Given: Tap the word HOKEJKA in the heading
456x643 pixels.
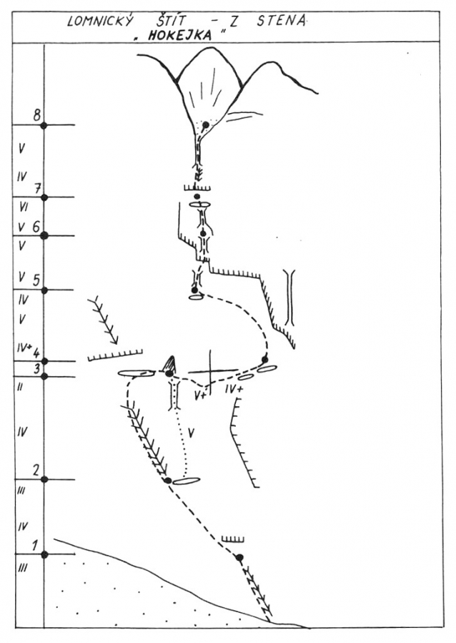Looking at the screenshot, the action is point(179,35).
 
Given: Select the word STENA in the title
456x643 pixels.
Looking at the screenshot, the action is point(281,21).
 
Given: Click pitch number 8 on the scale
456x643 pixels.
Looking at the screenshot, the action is point(37,115).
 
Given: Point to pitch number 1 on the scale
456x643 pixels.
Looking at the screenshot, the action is point(35,546).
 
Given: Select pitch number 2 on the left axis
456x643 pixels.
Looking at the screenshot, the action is point(36,470).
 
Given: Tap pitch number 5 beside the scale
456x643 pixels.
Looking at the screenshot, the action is point(36,280).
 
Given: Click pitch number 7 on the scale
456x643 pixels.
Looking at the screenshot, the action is point(37,189).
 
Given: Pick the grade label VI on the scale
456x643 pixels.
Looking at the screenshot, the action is point(23,207).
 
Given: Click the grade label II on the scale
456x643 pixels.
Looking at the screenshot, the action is point(20,387).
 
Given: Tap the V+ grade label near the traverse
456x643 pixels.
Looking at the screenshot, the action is point(201,395).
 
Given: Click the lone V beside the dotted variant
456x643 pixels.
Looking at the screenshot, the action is point(191,432).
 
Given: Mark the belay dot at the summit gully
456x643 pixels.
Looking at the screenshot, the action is point(206,124).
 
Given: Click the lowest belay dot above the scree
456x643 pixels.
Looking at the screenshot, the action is point(239,557).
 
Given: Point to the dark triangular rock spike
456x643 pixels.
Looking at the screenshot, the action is point(171,363).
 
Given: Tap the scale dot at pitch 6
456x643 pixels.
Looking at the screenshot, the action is point(44,235).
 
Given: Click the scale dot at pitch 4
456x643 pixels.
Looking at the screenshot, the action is point(44,361).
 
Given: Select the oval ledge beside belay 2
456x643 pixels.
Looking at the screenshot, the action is point(187,481).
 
